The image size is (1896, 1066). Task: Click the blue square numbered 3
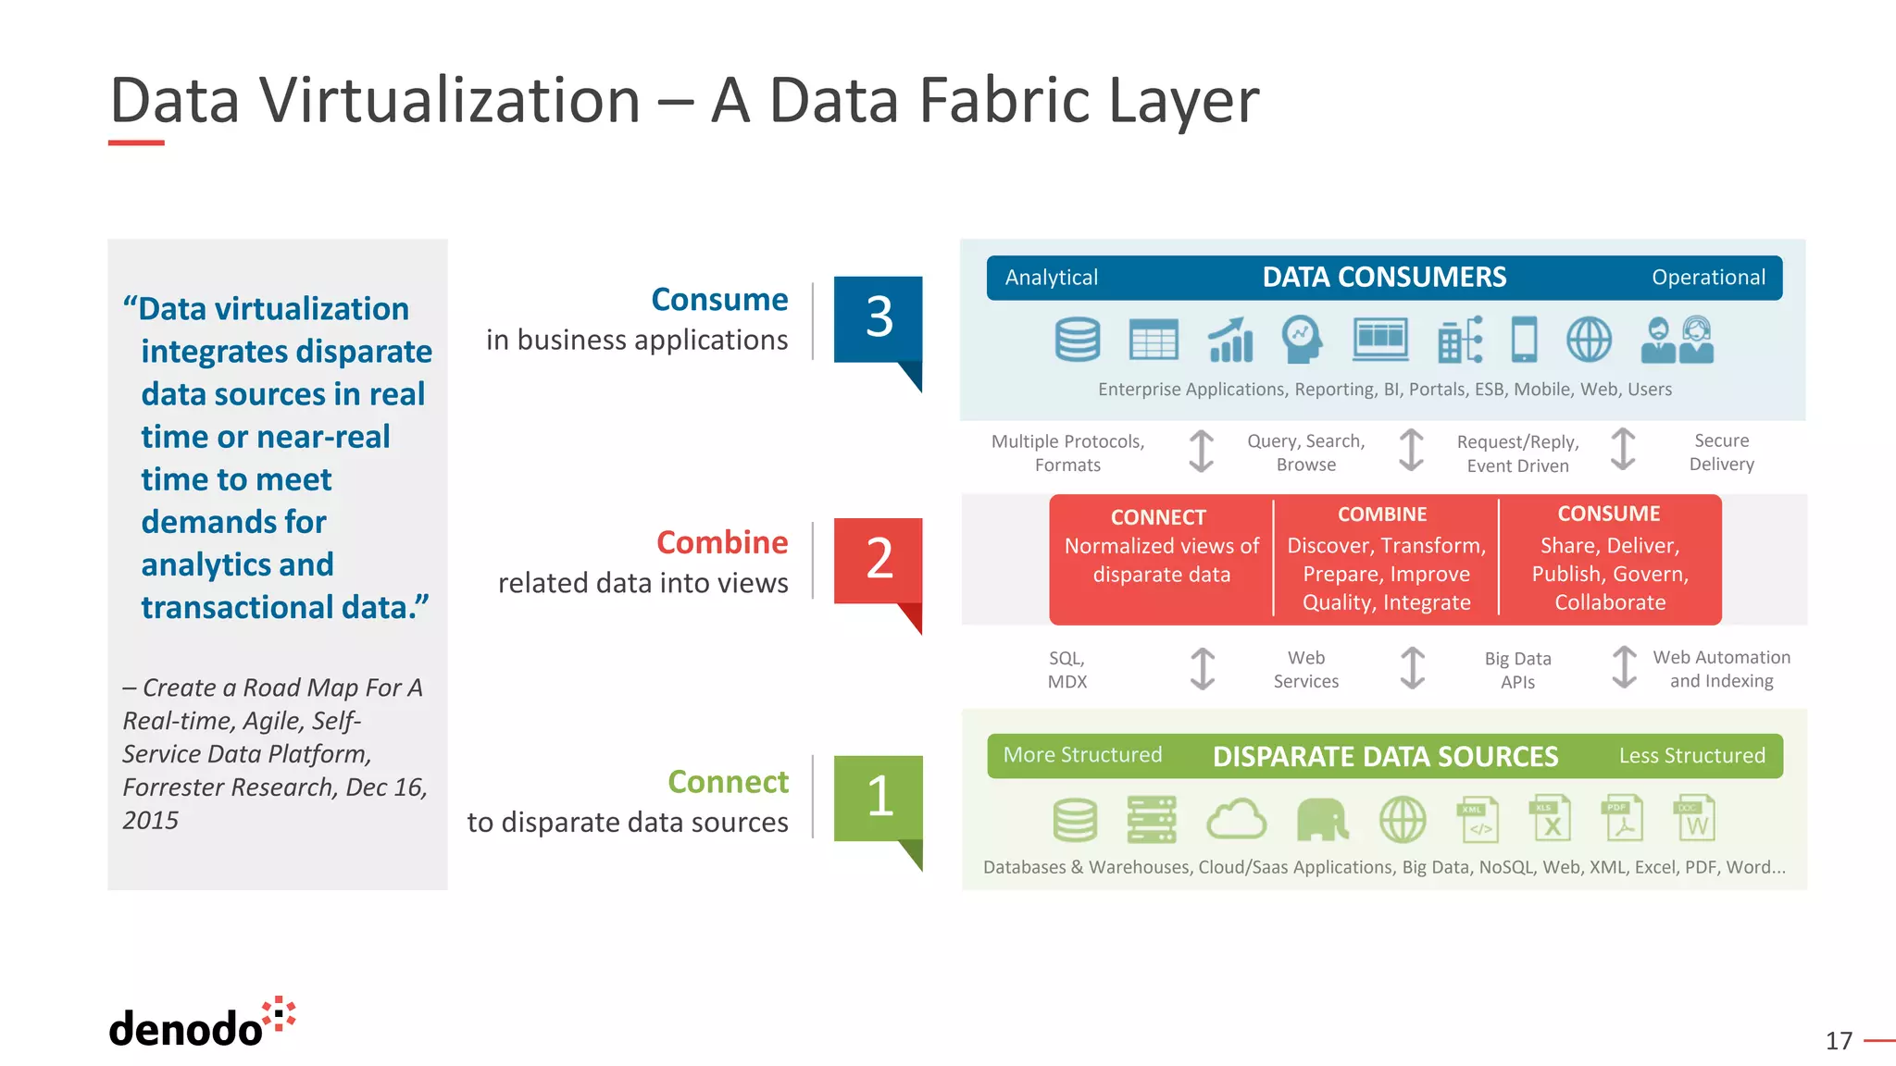coord(878,318)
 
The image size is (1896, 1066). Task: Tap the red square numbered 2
coord(878,560)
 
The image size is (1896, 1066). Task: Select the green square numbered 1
coord(878,798)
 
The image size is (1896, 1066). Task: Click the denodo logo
coord(201,1023)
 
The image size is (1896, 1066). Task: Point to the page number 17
coord(1839,1041)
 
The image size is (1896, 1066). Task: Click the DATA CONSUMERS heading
coord(1384,278)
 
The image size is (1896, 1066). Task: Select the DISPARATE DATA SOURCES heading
coord(1385,756)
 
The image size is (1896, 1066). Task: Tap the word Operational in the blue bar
coord(1708,278)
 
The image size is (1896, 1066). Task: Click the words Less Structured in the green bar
coord(1691,756)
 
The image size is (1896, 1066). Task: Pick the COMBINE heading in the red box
coord(1382,514)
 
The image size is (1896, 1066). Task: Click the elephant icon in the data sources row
coord(1321,820)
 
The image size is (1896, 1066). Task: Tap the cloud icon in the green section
coord(1236,820)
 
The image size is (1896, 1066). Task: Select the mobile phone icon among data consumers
coord(1524,340)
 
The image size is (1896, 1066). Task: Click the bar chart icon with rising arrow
coord(1230,340)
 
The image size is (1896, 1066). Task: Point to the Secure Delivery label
coord(1721,452)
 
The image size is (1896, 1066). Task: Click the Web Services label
coord(1305,669)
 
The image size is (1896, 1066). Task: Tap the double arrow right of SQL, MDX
coord(1202,669)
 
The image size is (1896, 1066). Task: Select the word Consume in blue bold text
coord(719,300)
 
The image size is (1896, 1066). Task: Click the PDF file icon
coord(1622,818)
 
